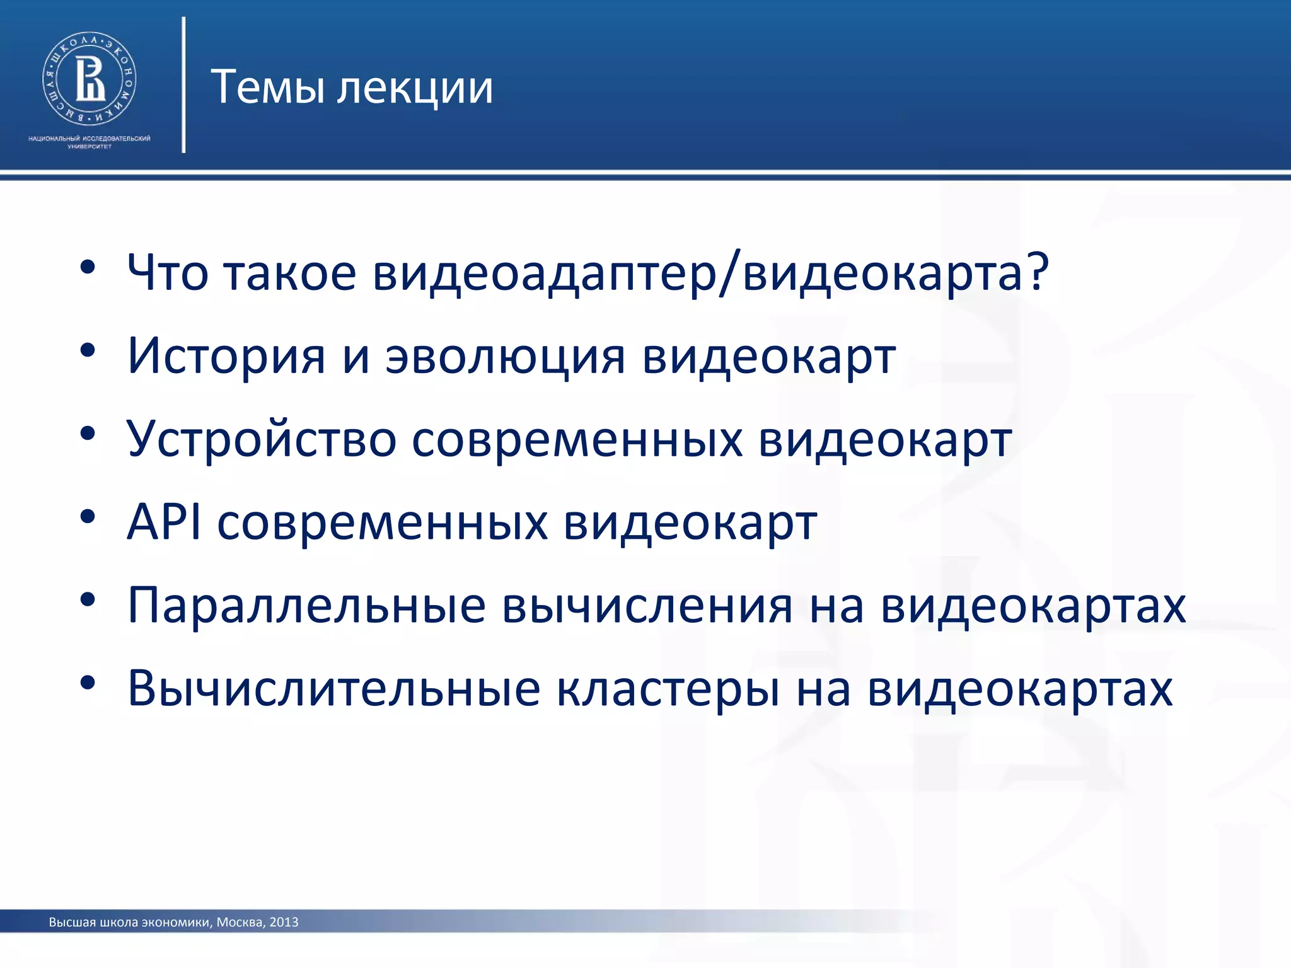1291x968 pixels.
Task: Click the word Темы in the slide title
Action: pos(267,87)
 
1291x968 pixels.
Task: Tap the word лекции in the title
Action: pos(415,88)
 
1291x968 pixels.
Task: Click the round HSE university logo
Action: pos(90,79)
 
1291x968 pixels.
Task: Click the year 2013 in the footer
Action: pos(284,923)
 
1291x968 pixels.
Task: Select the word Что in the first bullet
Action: pos(167,272)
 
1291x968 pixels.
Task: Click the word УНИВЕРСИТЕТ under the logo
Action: pos(90,147)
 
